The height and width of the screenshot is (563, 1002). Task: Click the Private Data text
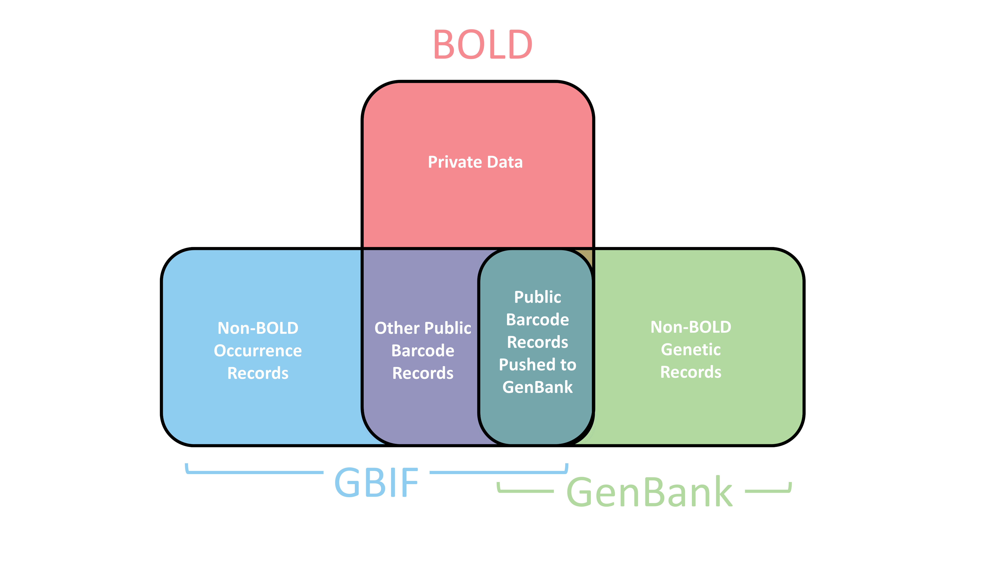point(475,162)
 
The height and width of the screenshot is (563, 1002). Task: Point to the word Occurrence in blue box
point(258,351)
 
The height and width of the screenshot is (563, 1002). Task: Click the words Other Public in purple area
point(422,328)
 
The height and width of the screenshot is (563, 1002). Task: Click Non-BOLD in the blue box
point(258,328)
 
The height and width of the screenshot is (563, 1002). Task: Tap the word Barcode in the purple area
point(422,351)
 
